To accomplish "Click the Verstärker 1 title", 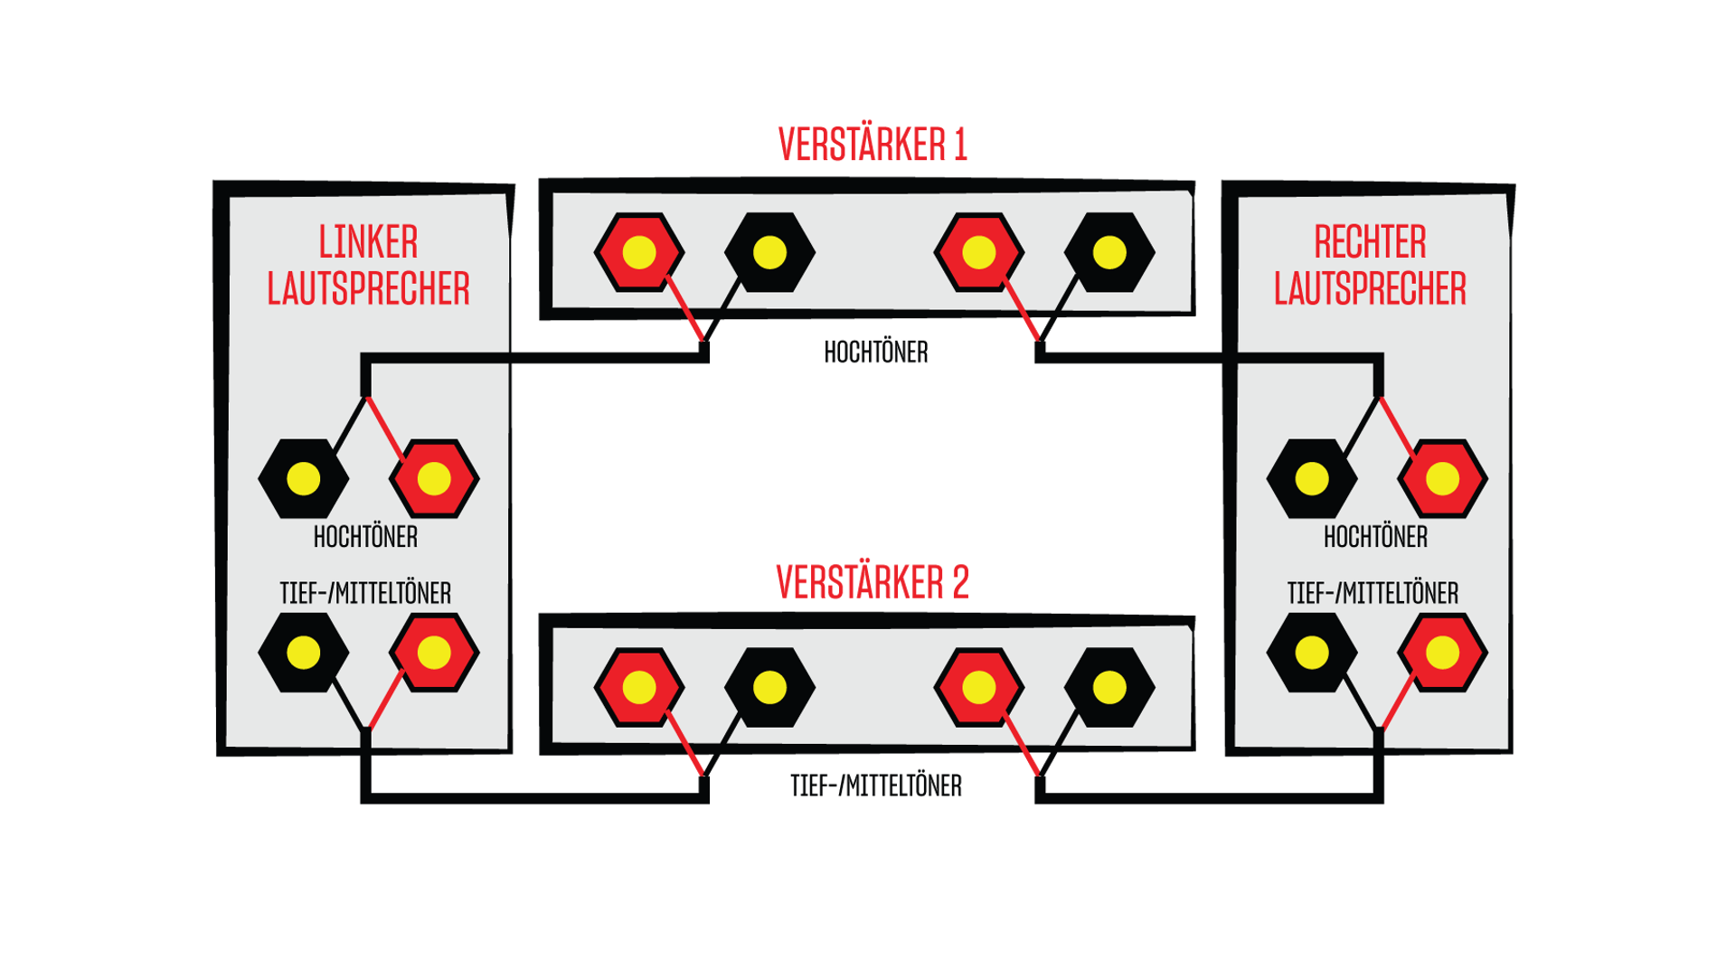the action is [873, 145].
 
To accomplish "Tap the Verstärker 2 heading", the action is [873, 582].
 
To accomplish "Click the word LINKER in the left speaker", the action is [368, 242].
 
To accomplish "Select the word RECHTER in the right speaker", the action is [1370, 242].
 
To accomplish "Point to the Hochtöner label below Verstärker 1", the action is [876, 352].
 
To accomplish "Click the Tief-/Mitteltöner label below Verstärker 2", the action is [876, 786].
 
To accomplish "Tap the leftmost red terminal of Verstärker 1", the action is [639, 252].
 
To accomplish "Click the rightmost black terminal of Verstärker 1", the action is [1109, 252].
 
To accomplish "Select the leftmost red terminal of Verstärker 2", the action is [639, 688].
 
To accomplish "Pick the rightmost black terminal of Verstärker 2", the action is [1109, 688].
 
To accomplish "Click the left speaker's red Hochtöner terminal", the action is [434, 478].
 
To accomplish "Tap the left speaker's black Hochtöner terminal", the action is [303, 478].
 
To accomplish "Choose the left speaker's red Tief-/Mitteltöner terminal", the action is [434, 653].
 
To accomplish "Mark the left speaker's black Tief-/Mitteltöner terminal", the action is [303, 653].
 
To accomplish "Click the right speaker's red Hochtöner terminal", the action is [1442, 478].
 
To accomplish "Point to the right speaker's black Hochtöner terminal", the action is [1312, 478].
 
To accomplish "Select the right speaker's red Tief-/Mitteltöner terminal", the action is [1442, 653].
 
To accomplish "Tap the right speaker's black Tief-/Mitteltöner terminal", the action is [1312, 653].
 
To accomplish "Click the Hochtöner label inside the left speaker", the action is [365, 537].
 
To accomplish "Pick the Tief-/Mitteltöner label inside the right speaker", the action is [1373, 593].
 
